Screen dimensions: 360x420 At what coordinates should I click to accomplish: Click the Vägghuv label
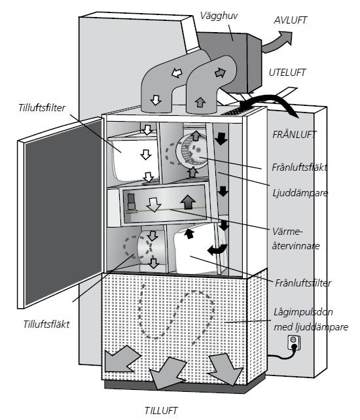pos(219,16)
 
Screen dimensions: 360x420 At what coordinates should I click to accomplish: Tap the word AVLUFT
pos(290,20)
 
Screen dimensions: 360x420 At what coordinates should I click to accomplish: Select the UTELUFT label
pos(287,73)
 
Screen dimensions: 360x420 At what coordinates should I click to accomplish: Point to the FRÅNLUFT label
pos(294,135)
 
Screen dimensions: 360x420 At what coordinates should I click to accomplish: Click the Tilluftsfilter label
pos(42,108)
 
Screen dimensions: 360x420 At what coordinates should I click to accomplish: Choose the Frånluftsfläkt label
pos(299,167)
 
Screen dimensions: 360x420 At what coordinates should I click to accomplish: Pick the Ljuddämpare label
pos(300,193)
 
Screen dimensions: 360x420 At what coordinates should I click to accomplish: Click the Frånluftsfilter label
pos(303,283)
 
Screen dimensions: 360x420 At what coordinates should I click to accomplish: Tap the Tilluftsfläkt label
pos(46,324)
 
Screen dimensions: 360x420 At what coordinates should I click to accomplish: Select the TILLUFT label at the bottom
pos(161,410)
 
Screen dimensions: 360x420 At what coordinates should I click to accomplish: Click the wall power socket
pos(294,343)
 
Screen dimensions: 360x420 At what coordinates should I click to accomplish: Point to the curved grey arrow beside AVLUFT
pos(276,42)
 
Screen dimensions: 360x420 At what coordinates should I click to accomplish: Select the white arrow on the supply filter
pos(146,154)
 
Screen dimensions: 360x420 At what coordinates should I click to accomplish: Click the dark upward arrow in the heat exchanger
pos(188,202)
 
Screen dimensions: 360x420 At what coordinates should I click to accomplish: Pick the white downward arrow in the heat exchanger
pos(154,205)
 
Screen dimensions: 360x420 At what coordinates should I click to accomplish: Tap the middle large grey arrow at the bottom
pos(168,373)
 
